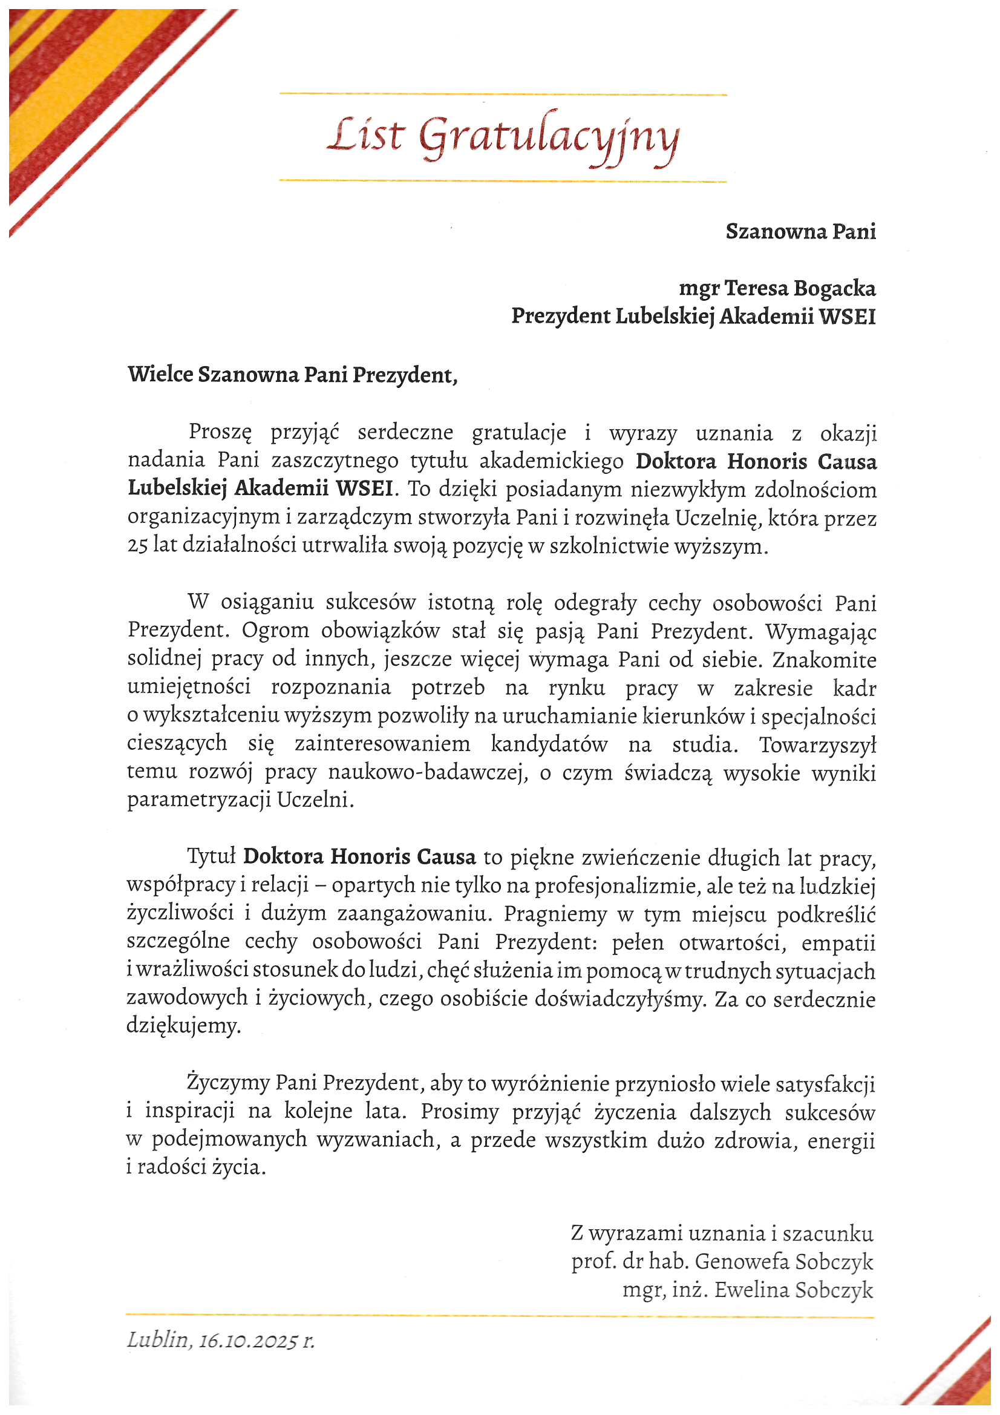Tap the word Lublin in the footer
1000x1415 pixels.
point(157,1339)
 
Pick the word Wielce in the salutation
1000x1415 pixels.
point(160,374)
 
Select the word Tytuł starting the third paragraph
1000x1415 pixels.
point(211,856)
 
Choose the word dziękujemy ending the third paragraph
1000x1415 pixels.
point(182,1026)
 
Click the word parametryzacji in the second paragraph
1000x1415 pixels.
point(200,801)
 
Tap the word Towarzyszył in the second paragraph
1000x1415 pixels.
point(817,745)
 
